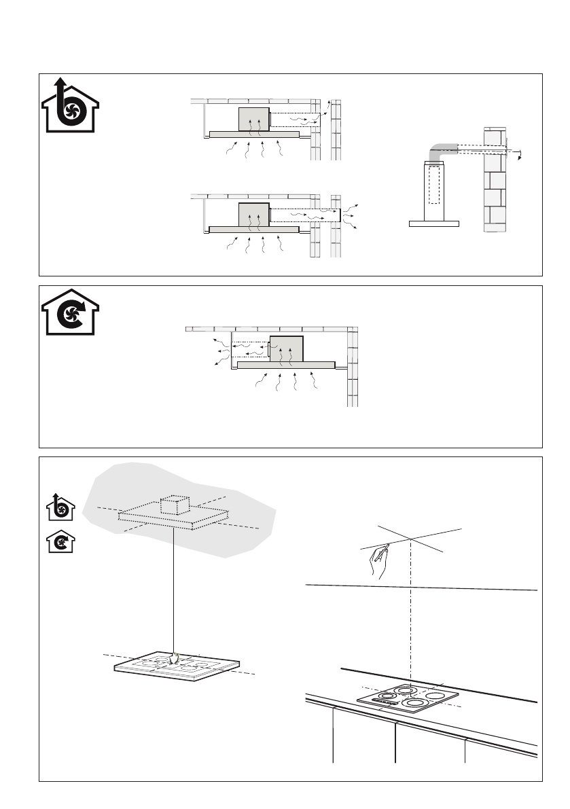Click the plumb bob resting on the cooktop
(x=175, y=656)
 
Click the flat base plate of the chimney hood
(x=434, y=223)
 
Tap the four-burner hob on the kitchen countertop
(x=407, y=698)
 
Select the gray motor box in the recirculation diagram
(x=285, y=348)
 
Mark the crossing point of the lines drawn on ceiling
(x=413, y=539)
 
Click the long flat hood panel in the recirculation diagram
(x=285, y=365)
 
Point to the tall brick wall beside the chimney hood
(x=495, y=183)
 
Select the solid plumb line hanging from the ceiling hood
(x=175, y=584)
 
